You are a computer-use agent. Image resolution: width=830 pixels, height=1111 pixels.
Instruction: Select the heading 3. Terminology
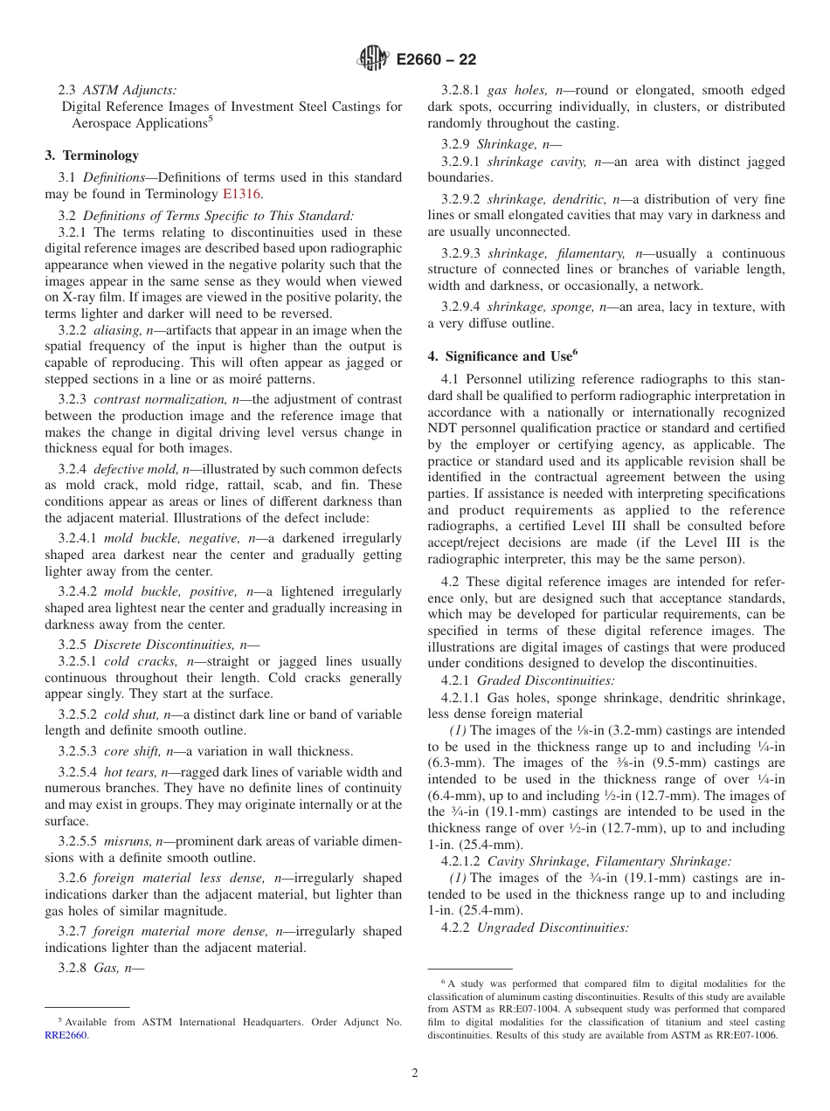[x=92, y=155]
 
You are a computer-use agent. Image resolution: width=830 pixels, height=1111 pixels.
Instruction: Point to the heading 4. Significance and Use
[x=502, y=356]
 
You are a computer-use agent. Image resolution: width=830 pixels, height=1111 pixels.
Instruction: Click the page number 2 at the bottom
[x=415, y=1073]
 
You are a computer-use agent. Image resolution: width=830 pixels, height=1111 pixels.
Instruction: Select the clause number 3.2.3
[x=72, y=399]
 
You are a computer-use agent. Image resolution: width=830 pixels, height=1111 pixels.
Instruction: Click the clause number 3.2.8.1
[x=460, y=90]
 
